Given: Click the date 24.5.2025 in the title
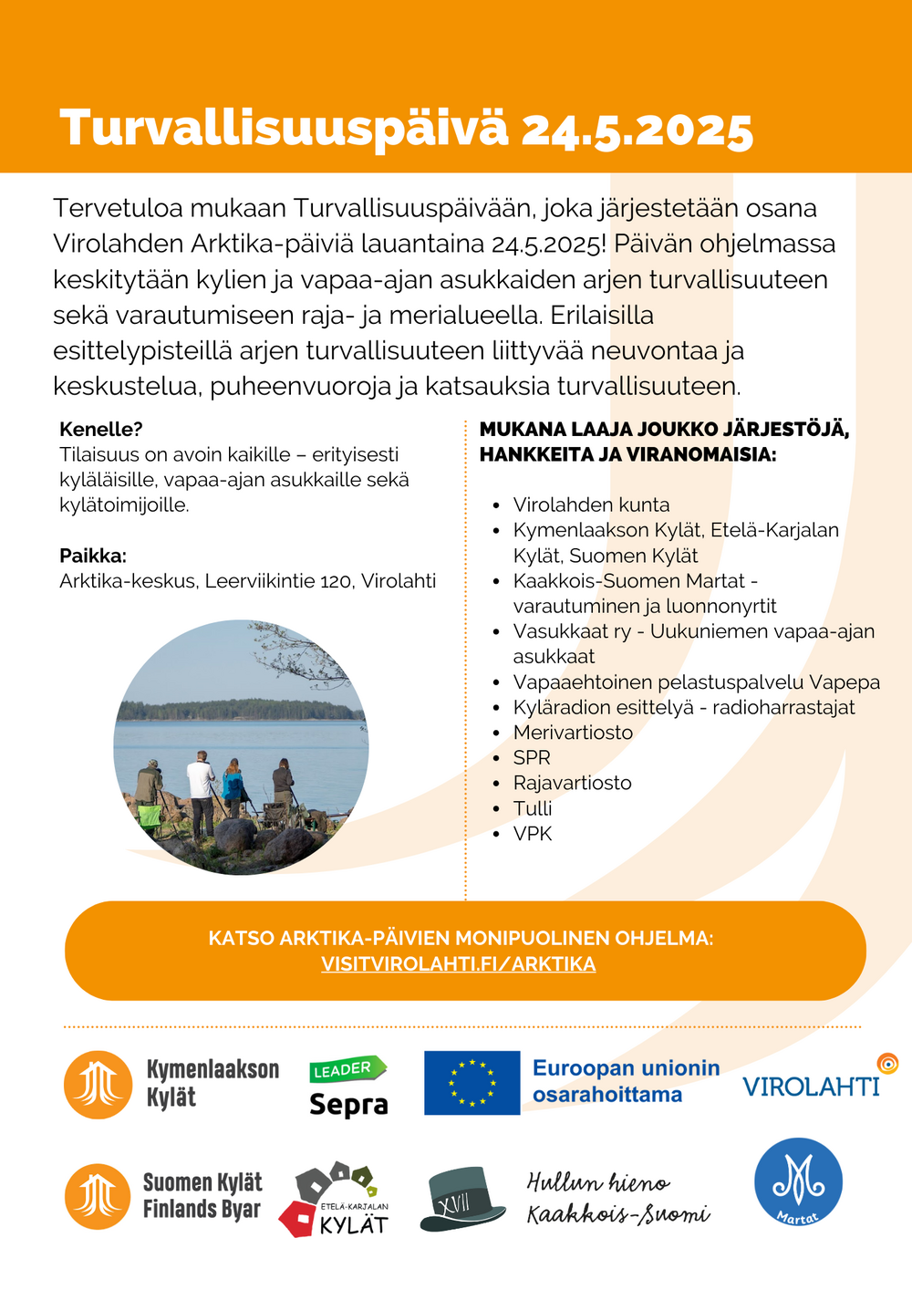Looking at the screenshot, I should [x=637, y=130].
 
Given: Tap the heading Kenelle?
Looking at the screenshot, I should [x=101, y=429].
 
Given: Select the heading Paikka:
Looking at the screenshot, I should [x=93, y=556].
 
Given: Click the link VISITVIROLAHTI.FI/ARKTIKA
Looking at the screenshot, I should [x=458, y=964].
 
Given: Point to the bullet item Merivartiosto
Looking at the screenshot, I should [x=573, y=733].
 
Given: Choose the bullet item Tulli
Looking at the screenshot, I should [x=533, y=808].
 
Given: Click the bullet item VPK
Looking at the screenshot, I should [x=533, y=834].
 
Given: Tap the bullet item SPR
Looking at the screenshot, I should [x=532, y=758].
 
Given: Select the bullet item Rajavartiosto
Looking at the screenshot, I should [x=572, y=783].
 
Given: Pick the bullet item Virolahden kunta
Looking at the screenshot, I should [x=591, y=505].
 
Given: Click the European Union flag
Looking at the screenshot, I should [x=472, y=1083].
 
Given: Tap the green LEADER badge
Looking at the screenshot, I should [x=347, y=1069].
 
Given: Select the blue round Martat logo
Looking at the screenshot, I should [x=798, y=1181].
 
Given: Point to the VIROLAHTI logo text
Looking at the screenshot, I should [x=811, y=1086].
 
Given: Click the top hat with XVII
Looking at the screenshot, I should [x=462, y=1199].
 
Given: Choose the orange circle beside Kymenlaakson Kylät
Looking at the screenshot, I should [x=98, y=1085].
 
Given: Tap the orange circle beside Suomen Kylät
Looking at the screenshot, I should [x=98, y=1196].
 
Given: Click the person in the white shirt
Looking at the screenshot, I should [x=201, y=787].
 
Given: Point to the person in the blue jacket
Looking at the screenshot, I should [x=233, y=785].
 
